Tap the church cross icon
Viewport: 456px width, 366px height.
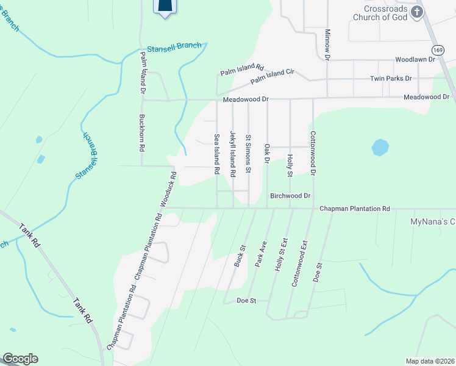(x=417, y=13)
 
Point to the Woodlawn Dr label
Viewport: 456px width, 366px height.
(x=415, y=60)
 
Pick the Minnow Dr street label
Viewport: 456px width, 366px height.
(x=327, y=45)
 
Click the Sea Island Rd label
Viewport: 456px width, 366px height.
(x=216, y=154)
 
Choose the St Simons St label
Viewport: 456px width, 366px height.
(x=248, y=154)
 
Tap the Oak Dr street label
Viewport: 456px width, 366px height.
(x=266, y=154)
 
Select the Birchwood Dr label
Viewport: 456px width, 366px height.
(x=290, y=196)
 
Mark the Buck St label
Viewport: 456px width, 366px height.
(x=240, y=256)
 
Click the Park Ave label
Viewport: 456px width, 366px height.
(x=261, y=251)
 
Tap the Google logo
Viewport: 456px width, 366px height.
(x=20, y=359)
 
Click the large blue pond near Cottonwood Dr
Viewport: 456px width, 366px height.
(x=380, y=148)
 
